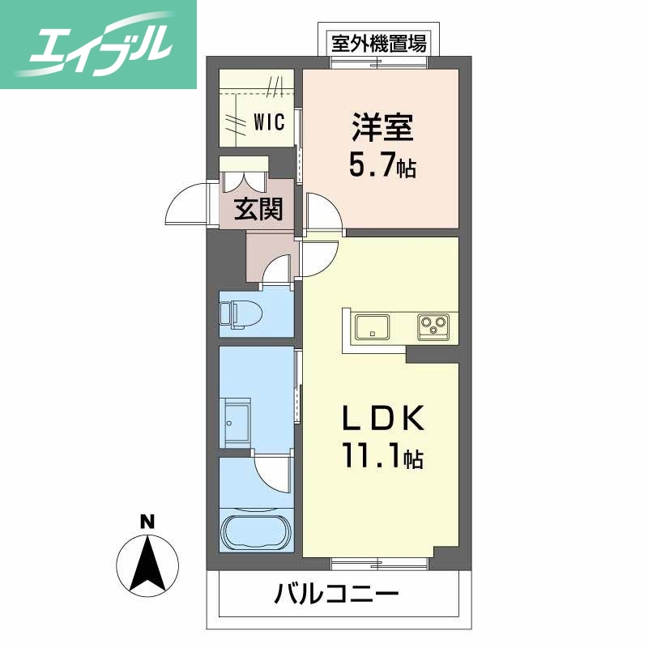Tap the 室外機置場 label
(x=378, y=43)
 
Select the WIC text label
(x=268, y=122)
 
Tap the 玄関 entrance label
(x=259, y=210)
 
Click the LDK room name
(x=382, y=419)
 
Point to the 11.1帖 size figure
(x=382, y=458)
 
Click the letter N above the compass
(x=147, y=522)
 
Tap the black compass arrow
(x=147, y=564)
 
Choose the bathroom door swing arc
(x=271, y=474)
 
